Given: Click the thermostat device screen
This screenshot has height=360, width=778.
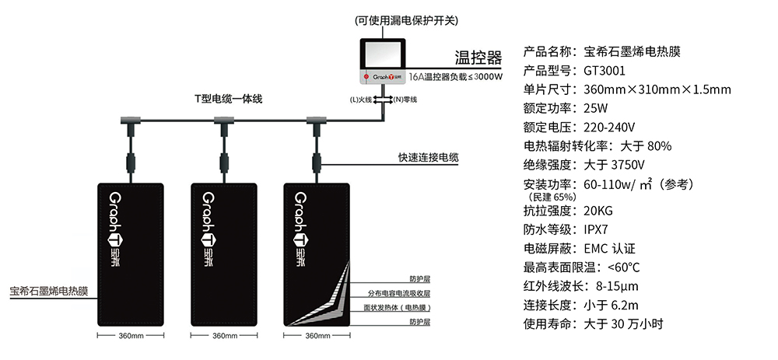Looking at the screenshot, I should [x=384, y=54].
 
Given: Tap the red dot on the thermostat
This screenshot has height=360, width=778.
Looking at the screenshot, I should [x=364, y=78].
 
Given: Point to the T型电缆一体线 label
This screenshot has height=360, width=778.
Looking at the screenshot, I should [x=228, y=99].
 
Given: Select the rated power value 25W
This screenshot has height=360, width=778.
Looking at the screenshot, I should [x=595, y=108].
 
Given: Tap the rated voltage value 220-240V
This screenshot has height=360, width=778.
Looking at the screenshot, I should [x=610, y=127].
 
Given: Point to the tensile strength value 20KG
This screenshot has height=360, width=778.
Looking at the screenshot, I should [x=598, y=210].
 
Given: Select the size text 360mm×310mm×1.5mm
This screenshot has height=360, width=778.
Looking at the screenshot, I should [x=657, y=89].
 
